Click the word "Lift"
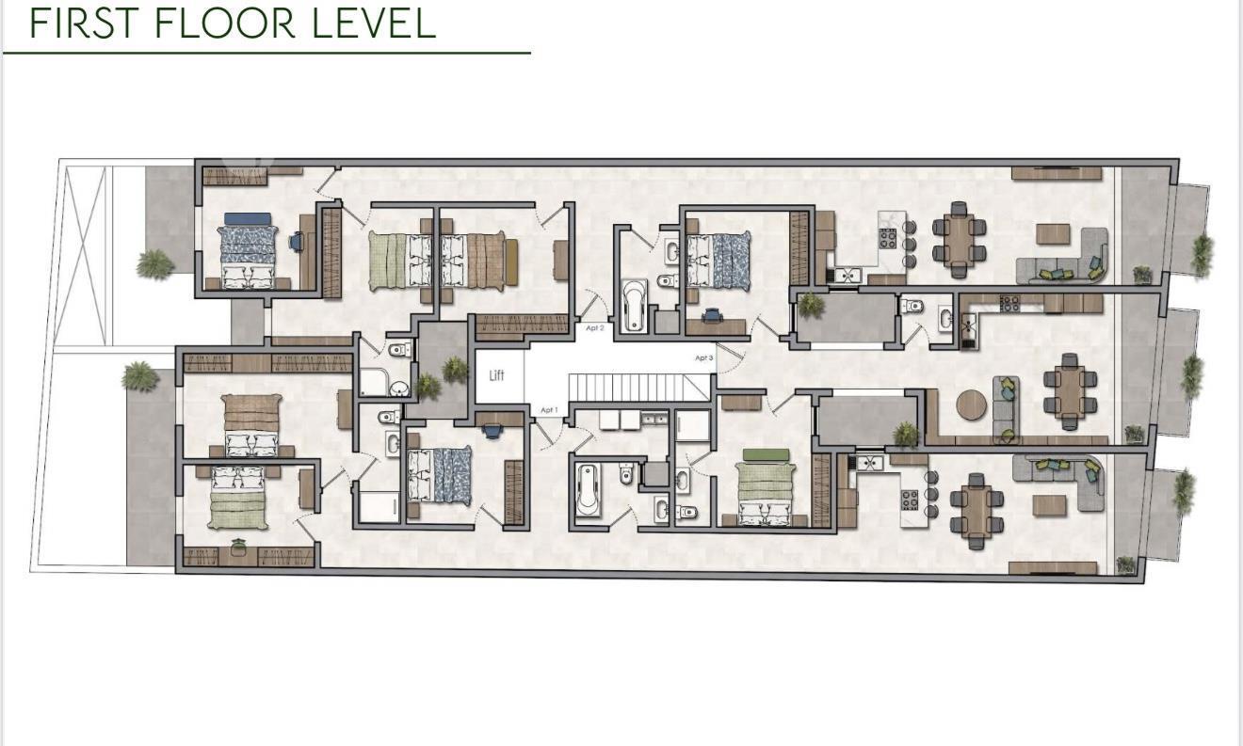coord(496,375)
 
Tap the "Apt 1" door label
coord(549,410)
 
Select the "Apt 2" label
coord(595,328)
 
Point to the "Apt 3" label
coord(704,358)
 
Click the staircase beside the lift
coord(638,387)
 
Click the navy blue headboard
coord(248,218)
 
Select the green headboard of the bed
coord(766,454)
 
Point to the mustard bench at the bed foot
coord(511,262)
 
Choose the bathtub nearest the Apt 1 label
coord(588,490)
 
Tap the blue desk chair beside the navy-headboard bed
coord(297,241)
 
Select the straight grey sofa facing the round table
coord(1006,409)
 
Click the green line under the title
coord(266,53)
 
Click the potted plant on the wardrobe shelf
coord(238,547)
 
